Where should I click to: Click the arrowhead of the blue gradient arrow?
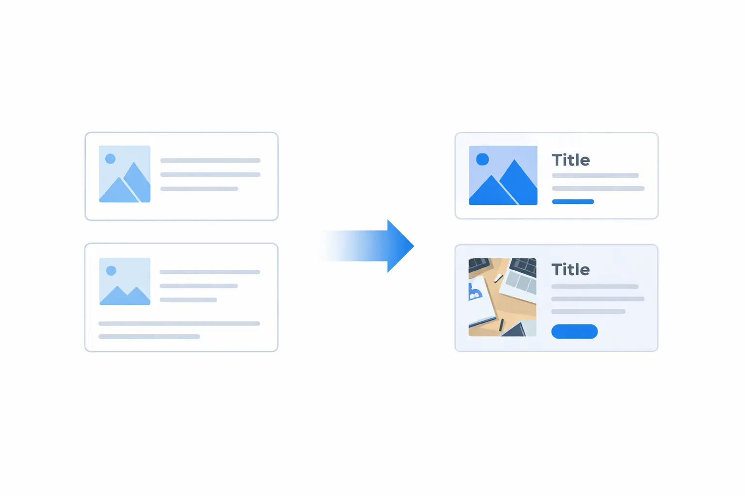[400, 246]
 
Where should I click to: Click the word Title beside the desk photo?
[570, 270]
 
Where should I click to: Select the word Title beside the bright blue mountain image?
[570, 160]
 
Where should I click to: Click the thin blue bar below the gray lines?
[573, 201]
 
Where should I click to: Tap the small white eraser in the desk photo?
[498, 278]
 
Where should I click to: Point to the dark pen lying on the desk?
[502, 325]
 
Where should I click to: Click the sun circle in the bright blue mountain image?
[483, 159]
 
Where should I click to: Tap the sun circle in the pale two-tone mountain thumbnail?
[111, 158]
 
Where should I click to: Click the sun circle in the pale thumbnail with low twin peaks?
[111, 270]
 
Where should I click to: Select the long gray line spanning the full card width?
[179, 324]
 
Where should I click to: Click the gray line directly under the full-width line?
[149, 337]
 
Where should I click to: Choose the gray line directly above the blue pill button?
[588, 311]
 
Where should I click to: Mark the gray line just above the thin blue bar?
[598, 188]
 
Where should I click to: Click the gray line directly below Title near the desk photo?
[595, 287]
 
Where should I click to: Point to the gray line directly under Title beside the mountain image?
[595, 175]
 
